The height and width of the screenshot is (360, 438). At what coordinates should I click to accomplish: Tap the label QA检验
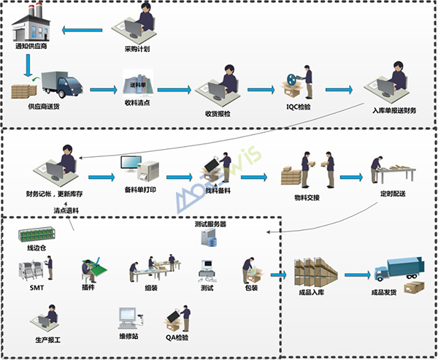click(x=177, y=338)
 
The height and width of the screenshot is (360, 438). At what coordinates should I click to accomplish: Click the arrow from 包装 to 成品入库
click(x=277, y=275)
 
